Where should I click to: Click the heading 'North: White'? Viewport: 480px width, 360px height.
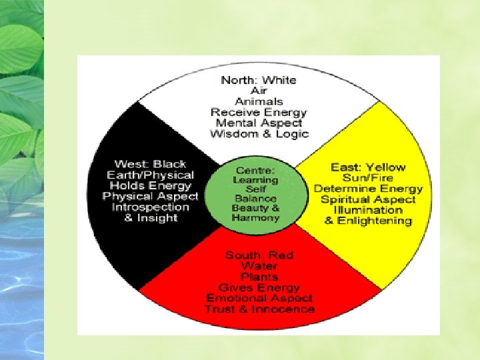pyautogui.click(x=259, y=81)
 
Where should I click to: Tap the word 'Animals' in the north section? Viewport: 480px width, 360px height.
pyautogui.click(x=259, y=102)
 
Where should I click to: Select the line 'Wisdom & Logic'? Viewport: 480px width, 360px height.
pyautogui.click(x=259, y=134)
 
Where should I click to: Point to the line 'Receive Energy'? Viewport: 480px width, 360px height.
pyautogui.click(x=259, y=113)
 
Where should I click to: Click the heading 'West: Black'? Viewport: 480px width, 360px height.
pyautogui.click(x=150, y=164)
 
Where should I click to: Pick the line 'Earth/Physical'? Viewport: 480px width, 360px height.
pyautogui.click(x=150, y=175)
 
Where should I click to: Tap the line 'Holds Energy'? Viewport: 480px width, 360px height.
pyautogui.click(x=150, y=186)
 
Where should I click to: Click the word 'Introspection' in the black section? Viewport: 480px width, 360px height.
pyautogui.click(x=150, y=207)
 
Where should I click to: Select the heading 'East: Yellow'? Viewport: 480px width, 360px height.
pyautogui.click(x=368, y=167)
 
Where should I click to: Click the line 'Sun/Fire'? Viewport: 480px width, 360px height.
pyautogui.click(x=368, y=178)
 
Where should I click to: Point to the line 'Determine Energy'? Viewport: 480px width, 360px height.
pyautogui.click(x=368, y=189)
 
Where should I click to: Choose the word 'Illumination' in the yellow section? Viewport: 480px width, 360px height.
pyautogui.click(x=368, y=210)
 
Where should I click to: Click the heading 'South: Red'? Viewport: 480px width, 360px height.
pyautogui.click(x=259, y=255)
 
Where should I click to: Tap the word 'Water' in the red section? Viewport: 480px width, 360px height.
pyautogui.click(x=259, y=266)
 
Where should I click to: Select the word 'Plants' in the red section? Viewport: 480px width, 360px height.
pyautogui.click(x=259, y=277)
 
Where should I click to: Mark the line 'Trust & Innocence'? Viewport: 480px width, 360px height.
pyautogui.click(x=259, y=309)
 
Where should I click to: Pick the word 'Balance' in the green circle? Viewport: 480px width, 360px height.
pyautogui.click(x=256, y=199)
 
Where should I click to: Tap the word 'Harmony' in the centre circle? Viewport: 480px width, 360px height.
pyautogui.click(x=256, y=218)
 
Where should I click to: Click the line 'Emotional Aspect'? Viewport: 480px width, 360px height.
pyautogui.click(x=259, y=299)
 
